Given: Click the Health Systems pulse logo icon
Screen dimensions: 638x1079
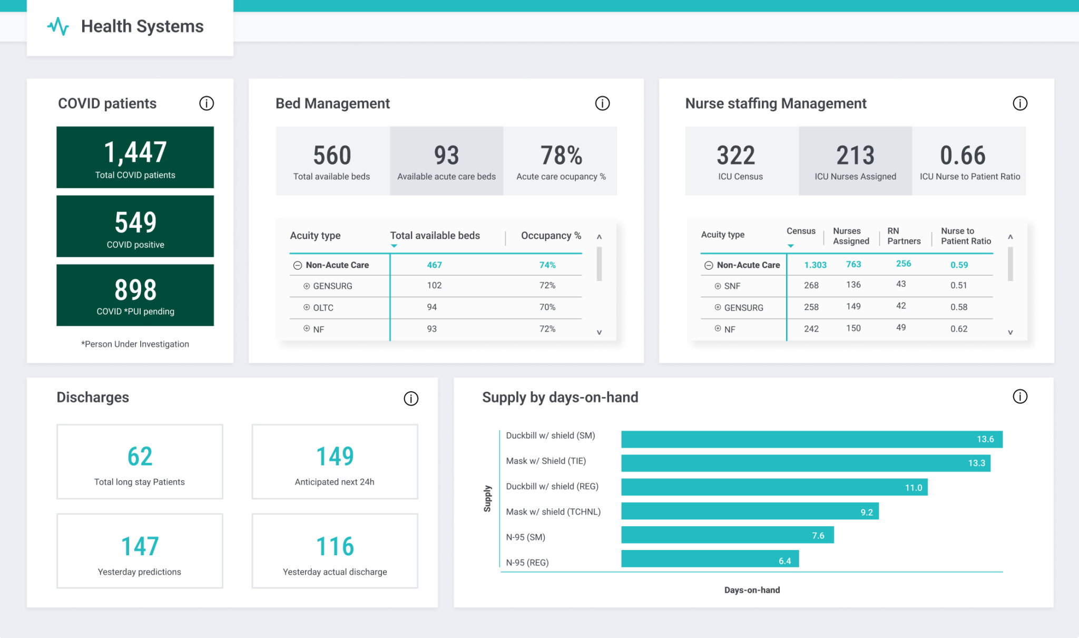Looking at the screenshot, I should point(58,26).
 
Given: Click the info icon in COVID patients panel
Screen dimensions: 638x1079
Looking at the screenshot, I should point(207,103).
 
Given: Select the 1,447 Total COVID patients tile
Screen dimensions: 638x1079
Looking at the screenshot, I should point(135,157).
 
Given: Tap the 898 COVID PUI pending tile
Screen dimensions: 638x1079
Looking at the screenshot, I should point(135,295).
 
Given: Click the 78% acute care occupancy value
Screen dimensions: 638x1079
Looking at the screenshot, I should point(561,156).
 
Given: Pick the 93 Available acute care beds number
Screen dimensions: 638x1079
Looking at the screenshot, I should point(446,156).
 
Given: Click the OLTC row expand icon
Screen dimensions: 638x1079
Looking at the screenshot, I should point(307,307).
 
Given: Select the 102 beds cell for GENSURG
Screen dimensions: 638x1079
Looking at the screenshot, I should point(434,285).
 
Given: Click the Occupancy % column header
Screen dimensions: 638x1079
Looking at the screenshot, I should point(551,236).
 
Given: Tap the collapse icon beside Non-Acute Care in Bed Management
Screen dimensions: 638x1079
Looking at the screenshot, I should point(298,265).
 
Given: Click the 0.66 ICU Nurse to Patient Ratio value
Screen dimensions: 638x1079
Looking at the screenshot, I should point(963,156).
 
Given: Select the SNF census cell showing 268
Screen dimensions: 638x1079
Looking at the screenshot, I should point(811,285).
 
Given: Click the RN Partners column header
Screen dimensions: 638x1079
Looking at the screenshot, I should point(904,236).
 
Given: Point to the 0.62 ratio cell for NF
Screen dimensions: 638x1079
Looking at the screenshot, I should point(958,329).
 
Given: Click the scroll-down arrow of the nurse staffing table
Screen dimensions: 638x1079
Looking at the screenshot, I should point(1010,332).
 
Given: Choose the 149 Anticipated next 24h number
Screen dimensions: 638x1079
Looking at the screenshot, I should point(335,457).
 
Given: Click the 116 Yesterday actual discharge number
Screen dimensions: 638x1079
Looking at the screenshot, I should point(335,546).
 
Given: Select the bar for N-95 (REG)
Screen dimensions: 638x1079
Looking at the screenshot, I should point(709,559).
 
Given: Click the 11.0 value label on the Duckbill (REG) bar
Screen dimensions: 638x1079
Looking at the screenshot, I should point(913,488).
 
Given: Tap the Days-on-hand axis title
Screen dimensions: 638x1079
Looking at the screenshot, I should point(752,590).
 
